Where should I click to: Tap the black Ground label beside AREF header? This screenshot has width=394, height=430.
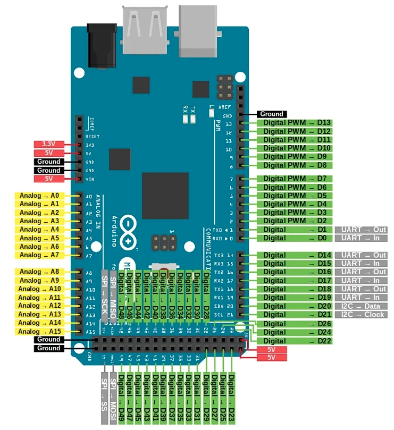272,114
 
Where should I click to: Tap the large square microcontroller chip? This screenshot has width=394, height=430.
165,196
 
